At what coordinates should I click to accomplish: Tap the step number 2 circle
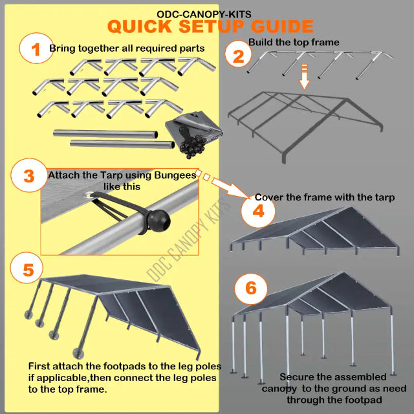coord(239,56)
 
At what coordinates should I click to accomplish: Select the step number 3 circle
coord(28,176)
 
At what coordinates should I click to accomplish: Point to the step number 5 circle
coord(28,269)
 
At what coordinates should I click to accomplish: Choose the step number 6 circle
coord(250,288)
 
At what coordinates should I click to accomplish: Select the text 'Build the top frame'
coord(294,42)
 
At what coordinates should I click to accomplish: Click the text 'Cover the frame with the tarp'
coord(324,197)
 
